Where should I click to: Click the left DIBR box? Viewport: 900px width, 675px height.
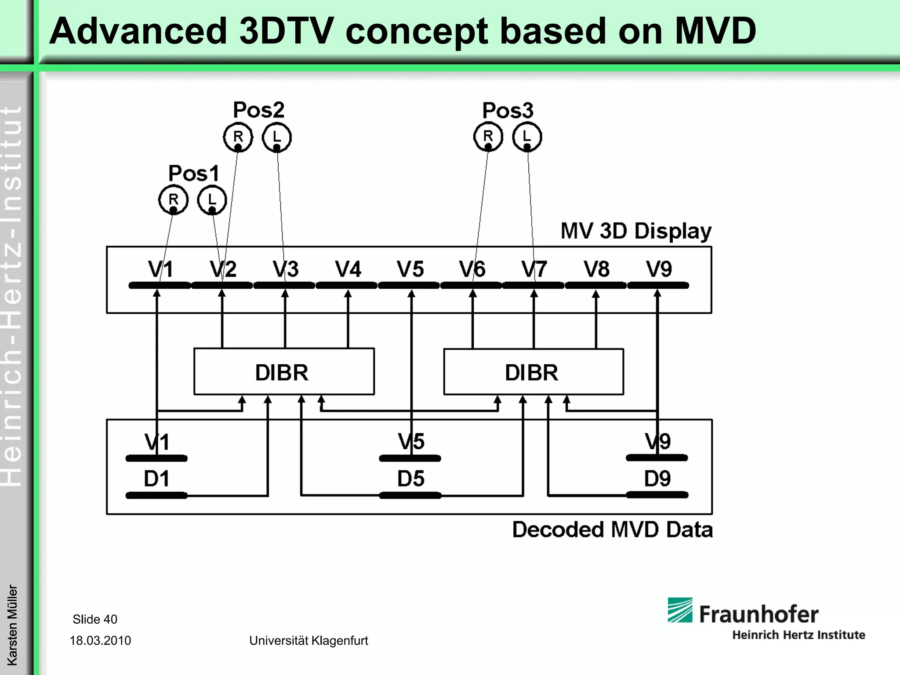284,372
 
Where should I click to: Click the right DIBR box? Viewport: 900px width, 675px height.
533,372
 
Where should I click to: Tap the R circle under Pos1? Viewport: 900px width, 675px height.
173,200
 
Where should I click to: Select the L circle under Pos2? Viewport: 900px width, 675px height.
277,137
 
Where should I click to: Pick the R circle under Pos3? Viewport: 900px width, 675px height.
488,136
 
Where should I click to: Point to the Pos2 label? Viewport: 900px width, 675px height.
258,110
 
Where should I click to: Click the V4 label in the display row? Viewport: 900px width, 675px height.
348,269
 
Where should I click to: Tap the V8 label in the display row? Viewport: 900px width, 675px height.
596,269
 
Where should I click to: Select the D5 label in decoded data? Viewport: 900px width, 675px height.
410,479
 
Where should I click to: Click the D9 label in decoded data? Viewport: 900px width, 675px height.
657,479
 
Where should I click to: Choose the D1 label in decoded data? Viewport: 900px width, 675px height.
156,479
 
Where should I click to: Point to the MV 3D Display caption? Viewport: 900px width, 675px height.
635,231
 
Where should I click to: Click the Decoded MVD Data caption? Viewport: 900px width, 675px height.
612,530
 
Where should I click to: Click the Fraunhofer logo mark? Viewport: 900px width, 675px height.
680,610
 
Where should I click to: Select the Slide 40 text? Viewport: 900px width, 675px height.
95,619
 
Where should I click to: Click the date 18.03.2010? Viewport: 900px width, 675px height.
100,640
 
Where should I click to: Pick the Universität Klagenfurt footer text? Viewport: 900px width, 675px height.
308,640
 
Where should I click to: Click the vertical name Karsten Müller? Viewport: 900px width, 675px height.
12,624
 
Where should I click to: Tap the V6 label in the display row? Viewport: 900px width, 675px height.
472,269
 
